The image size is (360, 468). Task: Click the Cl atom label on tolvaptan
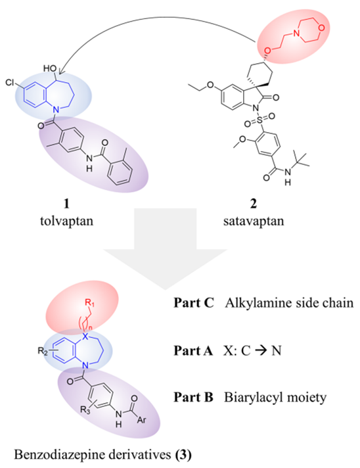pos(10,82)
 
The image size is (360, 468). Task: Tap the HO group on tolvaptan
pos(50,68)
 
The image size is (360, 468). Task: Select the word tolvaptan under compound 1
pos(66,221)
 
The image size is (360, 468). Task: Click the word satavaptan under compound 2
pos(254,221)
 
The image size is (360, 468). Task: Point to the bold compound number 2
pos(254,204)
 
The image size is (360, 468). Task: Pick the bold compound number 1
pos(66,204)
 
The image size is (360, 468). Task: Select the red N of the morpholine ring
pos(296,34)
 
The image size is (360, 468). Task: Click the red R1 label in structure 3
pos(89,303)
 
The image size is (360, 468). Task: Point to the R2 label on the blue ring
pos(43,351)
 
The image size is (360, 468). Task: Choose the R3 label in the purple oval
pos(85,410)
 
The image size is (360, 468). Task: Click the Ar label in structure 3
pos(141,419)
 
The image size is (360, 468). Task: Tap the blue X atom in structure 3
pos(85,337)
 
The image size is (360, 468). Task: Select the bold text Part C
pos(194,303)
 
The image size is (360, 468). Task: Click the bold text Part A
pos(193,350)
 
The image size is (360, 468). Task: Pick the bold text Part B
pos(194,397)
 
